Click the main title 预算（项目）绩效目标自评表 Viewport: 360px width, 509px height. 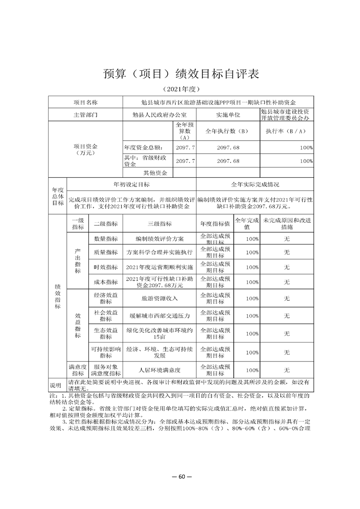coord(180,74)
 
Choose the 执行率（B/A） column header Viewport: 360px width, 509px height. coord(286,131)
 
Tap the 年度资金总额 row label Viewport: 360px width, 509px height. coord(142,148)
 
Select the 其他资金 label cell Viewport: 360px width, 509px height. coord(155,173)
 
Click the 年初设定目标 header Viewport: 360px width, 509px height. coord(132,185)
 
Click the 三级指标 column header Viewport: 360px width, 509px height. coord(159,224)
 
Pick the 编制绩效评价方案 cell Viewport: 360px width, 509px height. coord(159,239)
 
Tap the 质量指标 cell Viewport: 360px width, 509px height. coord(105,252)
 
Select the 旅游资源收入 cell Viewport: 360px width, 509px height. coord(159,298)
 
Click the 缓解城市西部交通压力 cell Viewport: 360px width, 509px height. coord(159,315)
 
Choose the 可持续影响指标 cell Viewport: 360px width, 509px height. coord(105,352)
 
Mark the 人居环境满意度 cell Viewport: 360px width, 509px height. coord(159,370)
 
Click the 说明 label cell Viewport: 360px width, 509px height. coord(58,385)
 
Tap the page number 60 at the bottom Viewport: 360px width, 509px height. coord(180,477)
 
